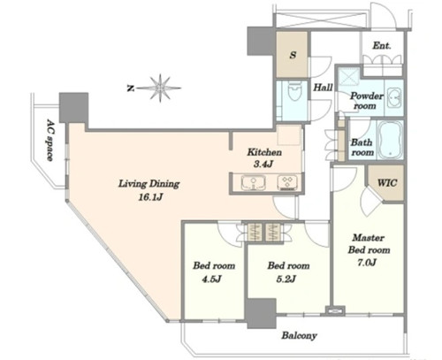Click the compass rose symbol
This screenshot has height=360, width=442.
[160, 88]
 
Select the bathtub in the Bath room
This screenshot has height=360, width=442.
[391, 140]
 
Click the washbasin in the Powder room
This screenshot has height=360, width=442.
[393, 98]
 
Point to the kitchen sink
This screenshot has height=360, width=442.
[254, 182]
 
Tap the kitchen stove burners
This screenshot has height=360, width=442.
[288, 182]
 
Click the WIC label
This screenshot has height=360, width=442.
[387, 183]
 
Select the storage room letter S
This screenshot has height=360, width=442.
[293, 55]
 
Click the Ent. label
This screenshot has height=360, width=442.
[382, 46]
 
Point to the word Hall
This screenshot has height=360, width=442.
[323, 88]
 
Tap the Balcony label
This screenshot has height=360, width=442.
[299, 335]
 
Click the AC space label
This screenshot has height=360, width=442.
[50, 140]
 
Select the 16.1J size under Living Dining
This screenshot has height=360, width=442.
[150, 197]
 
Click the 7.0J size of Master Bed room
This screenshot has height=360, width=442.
[367, 262]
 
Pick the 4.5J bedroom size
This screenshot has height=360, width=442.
[211, 279]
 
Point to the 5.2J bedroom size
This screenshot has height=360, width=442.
[286, 279]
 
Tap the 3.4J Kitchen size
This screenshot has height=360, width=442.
[263, 165]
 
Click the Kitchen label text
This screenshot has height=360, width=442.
[264, 152]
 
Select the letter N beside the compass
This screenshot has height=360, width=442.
[130, 88]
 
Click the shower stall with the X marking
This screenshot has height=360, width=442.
[349, 78]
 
